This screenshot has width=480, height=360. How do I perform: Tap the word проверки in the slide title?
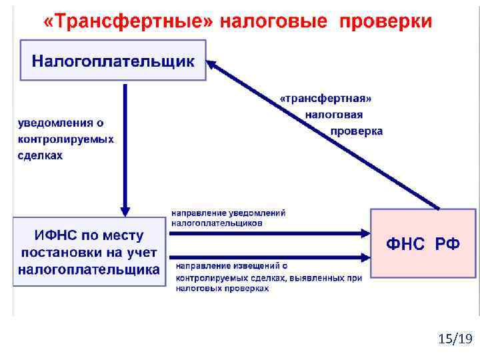(x=386, y=22)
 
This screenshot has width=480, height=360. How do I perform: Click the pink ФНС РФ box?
(x=423, y=243)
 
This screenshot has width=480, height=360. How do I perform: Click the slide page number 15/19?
(x=455, y=340)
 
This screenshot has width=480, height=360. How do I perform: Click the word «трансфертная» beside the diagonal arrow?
(x=325, y=98)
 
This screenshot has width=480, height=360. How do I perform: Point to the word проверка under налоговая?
(x=357, y=131)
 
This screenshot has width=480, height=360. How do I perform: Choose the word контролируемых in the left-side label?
(x=65, y=139)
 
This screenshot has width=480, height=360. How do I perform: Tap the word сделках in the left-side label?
(x=40, y=155)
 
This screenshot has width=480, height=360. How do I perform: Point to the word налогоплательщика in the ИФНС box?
(x=89, y=269)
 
